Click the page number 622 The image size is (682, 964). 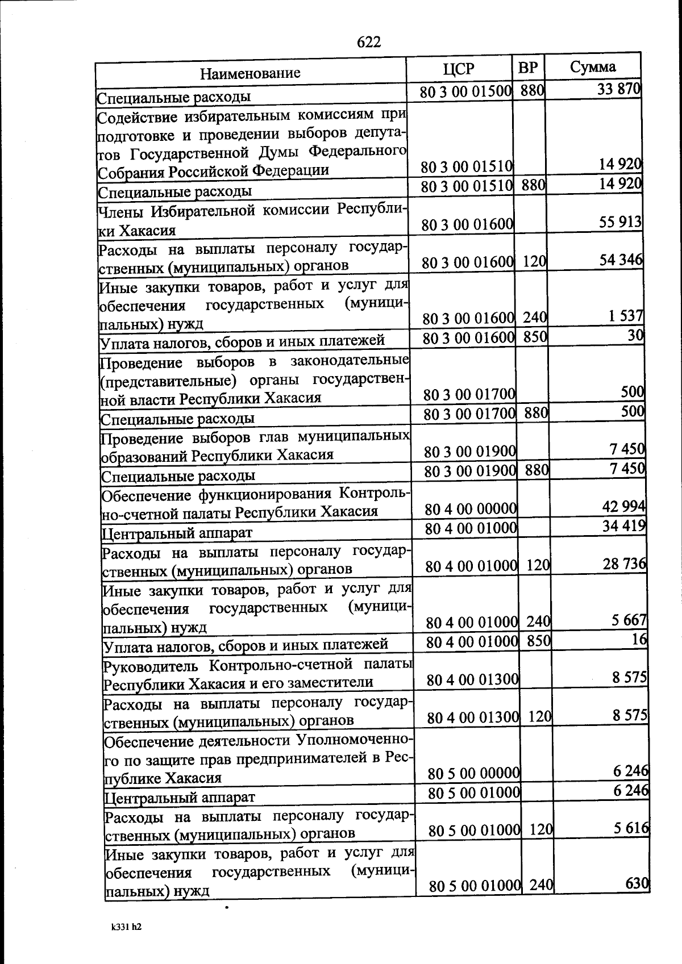[x=368, y=42]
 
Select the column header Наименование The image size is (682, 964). [x=250, y=73]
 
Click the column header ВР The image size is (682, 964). [x=528, y=68]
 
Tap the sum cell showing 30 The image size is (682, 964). [x=635, y=335]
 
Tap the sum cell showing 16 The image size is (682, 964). [x=639, y=639]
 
